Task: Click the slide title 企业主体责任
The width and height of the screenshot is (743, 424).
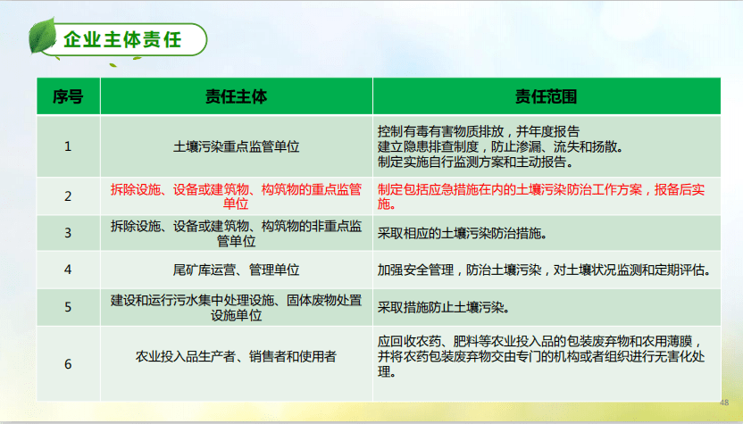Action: coord(123,39)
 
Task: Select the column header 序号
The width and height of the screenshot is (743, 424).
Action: coord(68,96)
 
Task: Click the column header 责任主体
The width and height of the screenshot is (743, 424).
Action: coord(236,96)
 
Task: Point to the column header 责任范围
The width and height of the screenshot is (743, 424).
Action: coord(546,96)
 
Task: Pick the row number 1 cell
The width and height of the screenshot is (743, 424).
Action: coord(68,145)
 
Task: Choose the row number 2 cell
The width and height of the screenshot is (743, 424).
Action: coord(68,196)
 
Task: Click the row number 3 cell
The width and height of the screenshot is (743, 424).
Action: coord(68,233)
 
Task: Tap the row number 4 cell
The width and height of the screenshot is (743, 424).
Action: coord(68,269)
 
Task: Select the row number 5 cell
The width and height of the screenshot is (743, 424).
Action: coord(68,307)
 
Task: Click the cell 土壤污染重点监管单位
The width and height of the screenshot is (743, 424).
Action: coord(236,145)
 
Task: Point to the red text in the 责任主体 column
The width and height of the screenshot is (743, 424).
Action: coord(236,196)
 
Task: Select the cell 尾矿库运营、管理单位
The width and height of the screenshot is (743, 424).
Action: coord(236,269)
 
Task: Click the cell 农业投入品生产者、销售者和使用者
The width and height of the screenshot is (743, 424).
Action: coord(236,357)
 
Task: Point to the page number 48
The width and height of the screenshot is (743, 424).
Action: coord(724,403)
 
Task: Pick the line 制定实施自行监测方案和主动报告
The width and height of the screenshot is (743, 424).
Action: coord(476,162)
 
